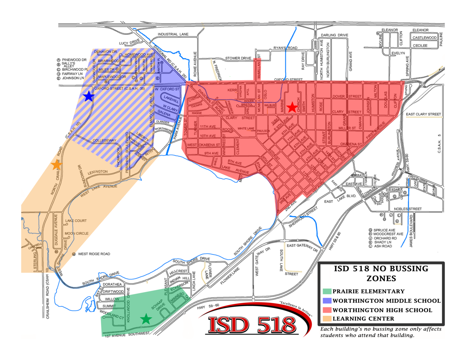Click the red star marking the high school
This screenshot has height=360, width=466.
point(292,107)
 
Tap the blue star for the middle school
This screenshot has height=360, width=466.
point(89,96)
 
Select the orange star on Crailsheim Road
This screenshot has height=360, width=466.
point(56,165)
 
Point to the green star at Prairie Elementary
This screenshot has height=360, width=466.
point(146,319)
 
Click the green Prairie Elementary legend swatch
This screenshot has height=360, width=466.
point(327,291)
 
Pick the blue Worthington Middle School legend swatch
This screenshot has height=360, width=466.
point(327,301)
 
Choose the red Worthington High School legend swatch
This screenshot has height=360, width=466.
point(327,310)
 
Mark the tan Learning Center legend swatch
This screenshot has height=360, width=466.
point(327,319)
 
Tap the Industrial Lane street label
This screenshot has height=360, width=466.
point(173,34)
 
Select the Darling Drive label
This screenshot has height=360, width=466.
point(334,35)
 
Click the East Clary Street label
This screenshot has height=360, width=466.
point(423,114)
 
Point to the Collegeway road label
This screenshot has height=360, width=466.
point(104,140)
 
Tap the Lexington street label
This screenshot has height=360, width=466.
point(97,172)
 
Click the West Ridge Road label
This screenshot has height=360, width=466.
point(94,254)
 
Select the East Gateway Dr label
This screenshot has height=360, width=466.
point(302,247)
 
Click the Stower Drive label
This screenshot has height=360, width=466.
point(238,58)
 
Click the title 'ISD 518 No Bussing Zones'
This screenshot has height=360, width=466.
point(381,274)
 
